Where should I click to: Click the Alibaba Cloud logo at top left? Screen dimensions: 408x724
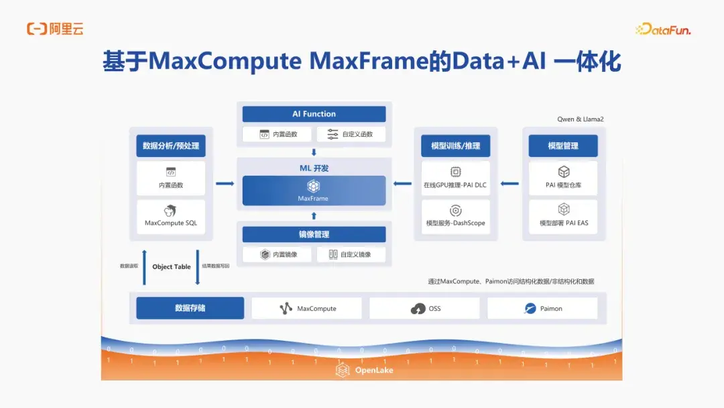[55, 29]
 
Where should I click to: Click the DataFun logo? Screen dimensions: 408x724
[662, 30]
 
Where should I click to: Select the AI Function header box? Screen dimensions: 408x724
[314, 114]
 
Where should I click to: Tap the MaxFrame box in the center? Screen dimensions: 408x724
[314, 191]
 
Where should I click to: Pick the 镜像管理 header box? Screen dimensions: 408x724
[314, 234]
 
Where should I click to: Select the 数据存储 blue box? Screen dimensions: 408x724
[190, 308]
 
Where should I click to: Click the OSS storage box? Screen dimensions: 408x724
[424, 309]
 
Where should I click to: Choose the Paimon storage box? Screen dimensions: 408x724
[542, 309]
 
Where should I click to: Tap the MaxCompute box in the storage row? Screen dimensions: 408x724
[307, 309]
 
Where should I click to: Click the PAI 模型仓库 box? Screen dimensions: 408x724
[563, 178]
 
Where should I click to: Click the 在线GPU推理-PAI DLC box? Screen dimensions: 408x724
[455, 178]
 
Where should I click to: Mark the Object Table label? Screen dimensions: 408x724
[172, 266]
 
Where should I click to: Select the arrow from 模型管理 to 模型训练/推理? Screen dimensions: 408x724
[510, 183]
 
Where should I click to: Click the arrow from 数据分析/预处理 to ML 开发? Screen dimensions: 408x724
[225, 183]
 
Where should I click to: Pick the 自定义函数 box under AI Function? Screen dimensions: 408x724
[351, 134]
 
